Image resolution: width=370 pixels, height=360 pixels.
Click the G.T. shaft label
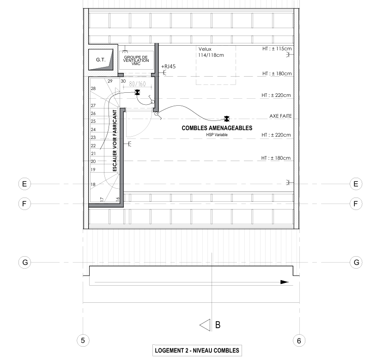[x=101, y=60]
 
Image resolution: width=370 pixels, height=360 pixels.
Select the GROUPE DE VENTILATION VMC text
[x=136, y=60]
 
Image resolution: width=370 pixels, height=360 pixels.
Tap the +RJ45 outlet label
[x=168, y=66]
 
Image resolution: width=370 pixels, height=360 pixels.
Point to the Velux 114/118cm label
[x=211, y=52]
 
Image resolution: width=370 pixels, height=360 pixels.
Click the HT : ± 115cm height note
[x=277, y=48]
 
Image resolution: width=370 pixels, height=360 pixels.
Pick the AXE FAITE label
[x=280, y=116]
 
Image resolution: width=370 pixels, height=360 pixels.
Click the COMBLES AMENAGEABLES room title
[x=217, y=128]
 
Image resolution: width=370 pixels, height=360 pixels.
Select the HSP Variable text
[x=217, y=135]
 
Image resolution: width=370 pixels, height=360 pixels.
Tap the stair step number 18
[x=93, y=184]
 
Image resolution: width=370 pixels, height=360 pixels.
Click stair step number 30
[x=123, y=81]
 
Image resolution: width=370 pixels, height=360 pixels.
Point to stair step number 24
[x=93, y=129]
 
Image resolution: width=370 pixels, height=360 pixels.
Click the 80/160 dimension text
[x=137, y=84]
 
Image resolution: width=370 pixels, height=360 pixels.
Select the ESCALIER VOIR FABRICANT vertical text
[x=115, y=140]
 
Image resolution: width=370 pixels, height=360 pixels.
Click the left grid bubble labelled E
[x=24, y=184]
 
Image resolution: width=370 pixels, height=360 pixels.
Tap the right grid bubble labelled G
[x=356, y=262]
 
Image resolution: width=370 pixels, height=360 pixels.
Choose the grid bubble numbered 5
[x=83, y=341]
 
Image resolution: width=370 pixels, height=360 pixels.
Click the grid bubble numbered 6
[x=299, y=341]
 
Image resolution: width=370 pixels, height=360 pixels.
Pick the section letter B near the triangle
[x=218, y=325]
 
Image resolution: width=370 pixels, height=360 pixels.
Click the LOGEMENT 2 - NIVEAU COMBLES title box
[x=197, y=351]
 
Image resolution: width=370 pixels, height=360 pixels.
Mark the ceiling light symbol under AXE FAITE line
[x=226, y=119]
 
